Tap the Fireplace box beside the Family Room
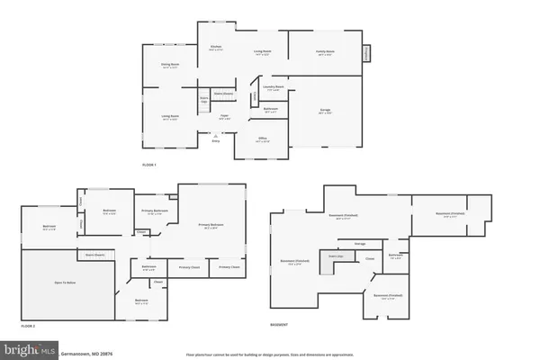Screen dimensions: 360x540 pyautogui.click(x=366, y=53)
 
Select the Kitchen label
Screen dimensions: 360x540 pyautogui.click(x=216, y=46)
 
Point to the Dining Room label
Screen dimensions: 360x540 pyautogui.click(x=170, y=65)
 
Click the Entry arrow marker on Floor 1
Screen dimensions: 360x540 pyautogui.click(x=214, y=138)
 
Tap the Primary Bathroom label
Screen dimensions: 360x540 pyautogui.click(x=154, y=211)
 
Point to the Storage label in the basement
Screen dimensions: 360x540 pyautogui.click(x=359, y=243)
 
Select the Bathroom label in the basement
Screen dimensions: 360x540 pyautogui.click(x=395, y=255)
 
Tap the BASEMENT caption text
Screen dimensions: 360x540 pyautogui.click(x=280, y=325)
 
